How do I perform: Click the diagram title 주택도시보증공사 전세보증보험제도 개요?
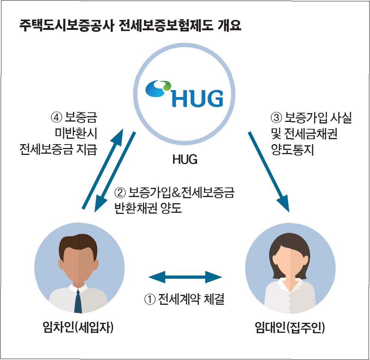(130, 28)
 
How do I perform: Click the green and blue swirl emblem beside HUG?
(159, 89)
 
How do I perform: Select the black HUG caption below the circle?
(185, 159)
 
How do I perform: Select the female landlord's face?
(290, 265)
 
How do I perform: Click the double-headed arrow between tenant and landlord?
(185, 276)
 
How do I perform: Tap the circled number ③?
(276, 118)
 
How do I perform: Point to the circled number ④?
(56, 117)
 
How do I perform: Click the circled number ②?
(120, 192)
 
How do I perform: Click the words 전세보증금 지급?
(58, 150)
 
